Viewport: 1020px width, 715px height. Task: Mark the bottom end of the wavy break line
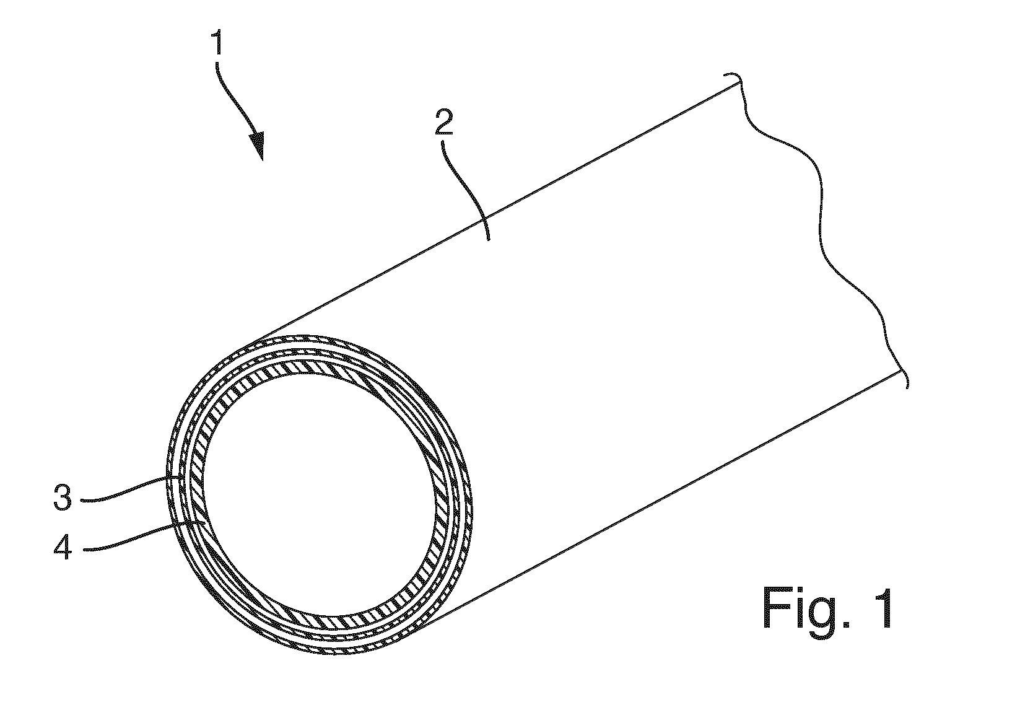(x=907, y=388)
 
